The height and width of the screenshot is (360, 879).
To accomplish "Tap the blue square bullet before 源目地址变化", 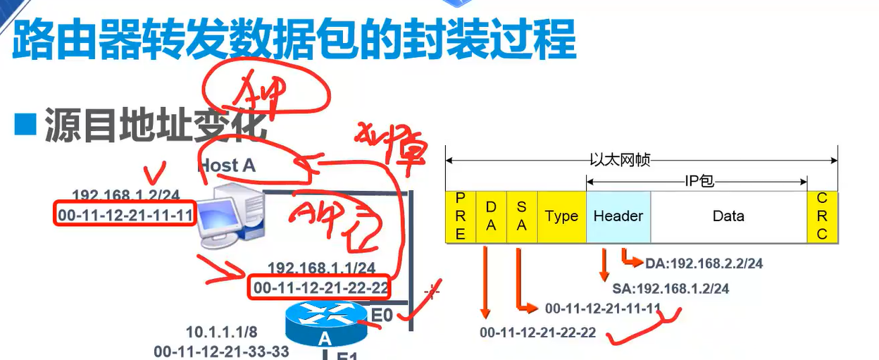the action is point(25,125).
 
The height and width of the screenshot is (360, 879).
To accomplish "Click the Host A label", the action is point(227,166).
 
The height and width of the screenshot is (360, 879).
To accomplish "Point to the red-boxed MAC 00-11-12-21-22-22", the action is point(321,287).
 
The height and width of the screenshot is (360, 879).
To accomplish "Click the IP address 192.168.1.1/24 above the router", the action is point(321,268).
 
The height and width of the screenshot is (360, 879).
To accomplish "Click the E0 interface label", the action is point(381,315).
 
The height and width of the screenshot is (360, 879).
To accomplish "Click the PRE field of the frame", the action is point(461,216).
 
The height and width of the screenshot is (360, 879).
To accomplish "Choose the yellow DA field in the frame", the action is point(491,216).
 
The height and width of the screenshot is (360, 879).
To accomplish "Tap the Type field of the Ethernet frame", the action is point(561,216).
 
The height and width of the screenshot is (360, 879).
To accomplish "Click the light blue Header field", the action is point(618,216).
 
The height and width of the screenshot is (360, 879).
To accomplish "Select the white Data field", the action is point(728,216).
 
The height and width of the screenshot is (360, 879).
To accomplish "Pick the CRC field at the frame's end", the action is point(822,216).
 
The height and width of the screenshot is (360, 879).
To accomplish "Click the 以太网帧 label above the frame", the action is point(620,161).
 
